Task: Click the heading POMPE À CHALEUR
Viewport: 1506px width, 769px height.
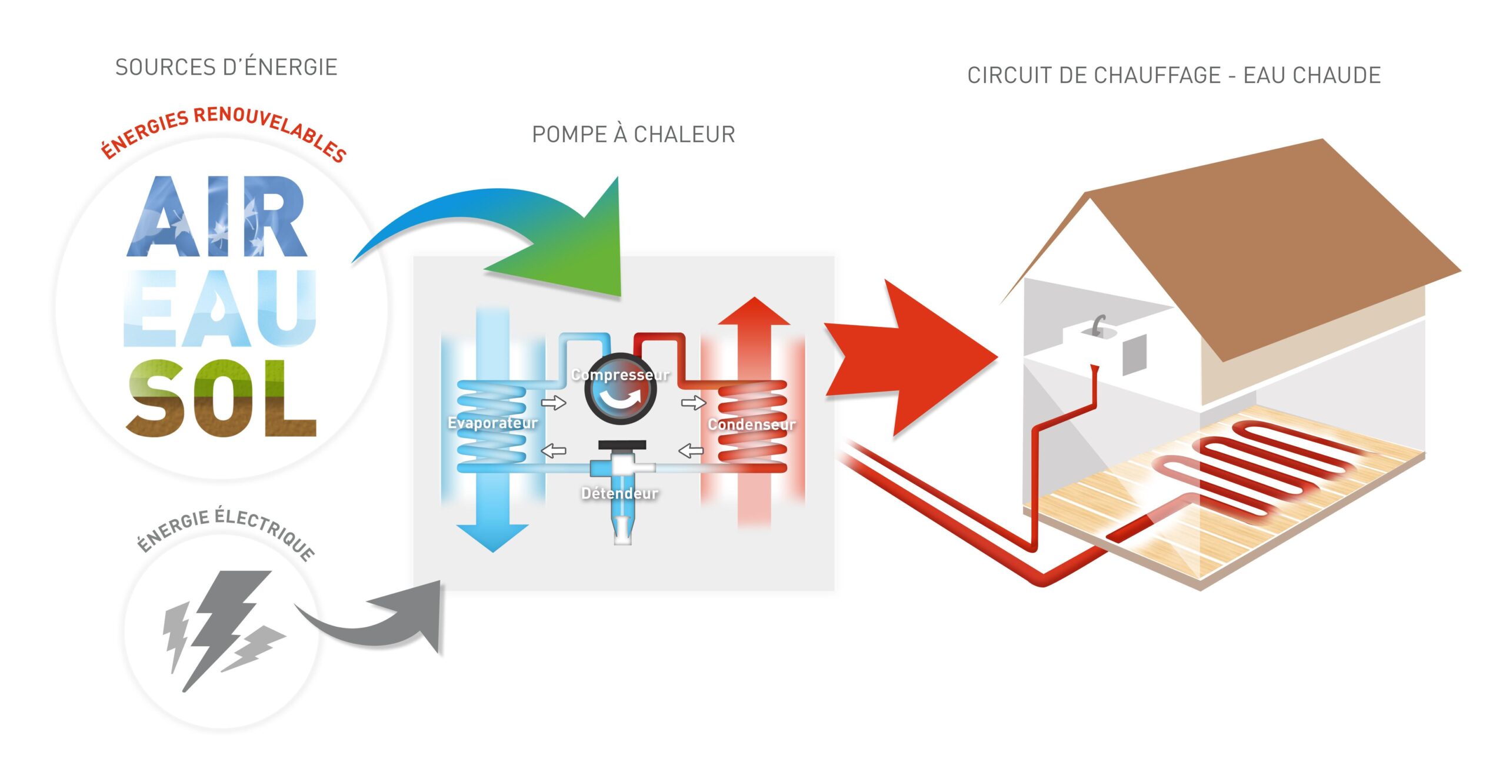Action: (634, 135)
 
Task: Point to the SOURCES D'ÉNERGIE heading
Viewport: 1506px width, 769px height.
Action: (226, 68)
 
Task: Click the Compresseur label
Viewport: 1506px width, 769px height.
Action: (620, 375)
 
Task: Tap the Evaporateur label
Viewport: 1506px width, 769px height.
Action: (492, 423)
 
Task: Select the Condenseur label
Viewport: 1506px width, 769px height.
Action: (751, 424)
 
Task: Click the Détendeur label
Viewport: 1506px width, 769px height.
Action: (619, 493)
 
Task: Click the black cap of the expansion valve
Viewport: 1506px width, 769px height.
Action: (622, 445)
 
